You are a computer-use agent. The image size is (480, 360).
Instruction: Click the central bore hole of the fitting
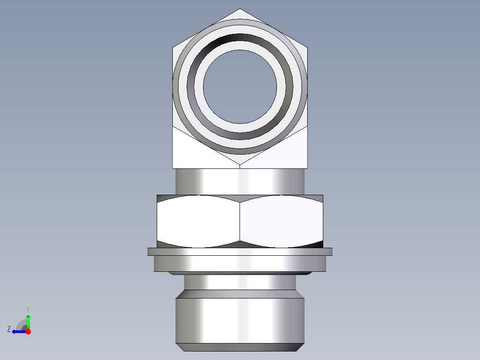tap(240, 86)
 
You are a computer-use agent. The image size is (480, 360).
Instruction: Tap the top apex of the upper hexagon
tap(240, 9)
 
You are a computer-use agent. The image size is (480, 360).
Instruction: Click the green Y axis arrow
tap(28, 319)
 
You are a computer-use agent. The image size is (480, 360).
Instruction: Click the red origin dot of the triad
tap(28, 331)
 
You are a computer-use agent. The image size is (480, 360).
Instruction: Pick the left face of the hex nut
tap(198, 221)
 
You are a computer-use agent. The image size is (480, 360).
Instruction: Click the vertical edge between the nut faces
tap(240, 221)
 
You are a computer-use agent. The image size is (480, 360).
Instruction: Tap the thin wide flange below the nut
tap(240, 252)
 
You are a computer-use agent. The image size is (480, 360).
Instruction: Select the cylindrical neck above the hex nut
tap(240, 181)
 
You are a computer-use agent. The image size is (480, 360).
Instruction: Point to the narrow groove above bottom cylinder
tap(240, 282)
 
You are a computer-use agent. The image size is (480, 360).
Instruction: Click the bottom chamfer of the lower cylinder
tap(240, 347)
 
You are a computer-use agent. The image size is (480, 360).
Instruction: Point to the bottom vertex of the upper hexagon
tap(240, 165)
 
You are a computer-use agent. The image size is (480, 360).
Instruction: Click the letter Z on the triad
tap(9, 329)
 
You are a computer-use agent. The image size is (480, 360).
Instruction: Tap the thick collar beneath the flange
tap(240, 264)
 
